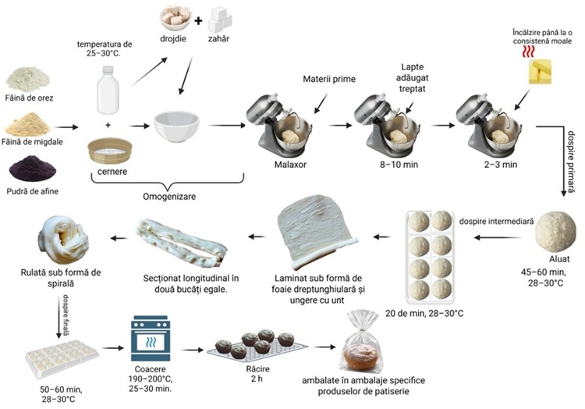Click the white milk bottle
tap(108, 91)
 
